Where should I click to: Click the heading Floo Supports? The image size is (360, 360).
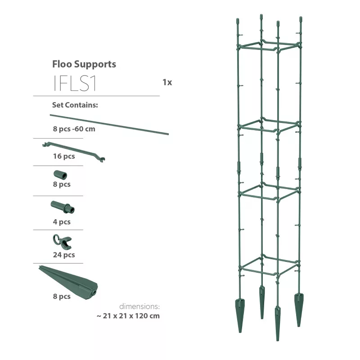click(x=84, y=64)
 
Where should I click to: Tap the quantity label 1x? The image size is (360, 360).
click(x=167, y=82)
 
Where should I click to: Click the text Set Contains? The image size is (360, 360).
click(x=75, y=105)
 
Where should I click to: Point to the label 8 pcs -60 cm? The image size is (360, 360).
click(x=74, y=129)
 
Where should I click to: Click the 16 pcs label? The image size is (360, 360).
click(x=64, y=157)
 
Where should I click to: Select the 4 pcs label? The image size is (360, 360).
click(x=62, y=222)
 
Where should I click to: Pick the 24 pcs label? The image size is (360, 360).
click(x=64, y=255)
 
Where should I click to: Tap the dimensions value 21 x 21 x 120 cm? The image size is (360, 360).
click(x=128, y=315)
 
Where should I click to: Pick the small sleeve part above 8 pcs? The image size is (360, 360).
click(x=60, y=175)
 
